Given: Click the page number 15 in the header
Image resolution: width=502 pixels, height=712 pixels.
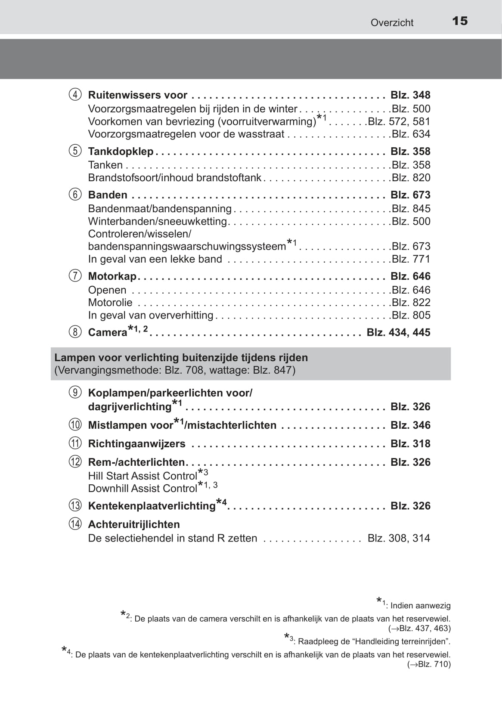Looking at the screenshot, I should coord(460,21).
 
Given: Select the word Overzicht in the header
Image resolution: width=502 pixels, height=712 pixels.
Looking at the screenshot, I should coord(392,23).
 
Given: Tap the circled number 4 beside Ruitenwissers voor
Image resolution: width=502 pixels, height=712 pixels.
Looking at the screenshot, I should coord(75,95).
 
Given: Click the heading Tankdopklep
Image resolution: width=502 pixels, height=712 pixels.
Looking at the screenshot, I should coord(121,152).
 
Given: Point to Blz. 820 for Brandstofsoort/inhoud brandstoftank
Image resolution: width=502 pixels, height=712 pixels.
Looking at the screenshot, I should coord(411,178).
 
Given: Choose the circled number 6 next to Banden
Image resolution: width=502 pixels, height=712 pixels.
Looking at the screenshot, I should coord(75,195).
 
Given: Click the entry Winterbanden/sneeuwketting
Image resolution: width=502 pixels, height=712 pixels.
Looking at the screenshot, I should coord(157,221).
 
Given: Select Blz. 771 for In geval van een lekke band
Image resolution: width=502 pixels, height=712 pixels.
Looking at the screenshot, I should coord(411,259).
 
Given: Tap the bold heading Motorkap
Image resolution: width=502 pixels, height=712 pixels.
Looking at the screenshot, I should coord(112,276).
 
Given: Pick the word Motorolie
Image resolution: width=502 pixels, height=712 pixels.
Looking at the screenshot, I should coord(110,303).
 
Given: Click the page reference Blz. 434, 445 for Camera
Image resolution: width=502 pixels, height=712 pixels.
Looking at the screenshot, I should coord(398,332).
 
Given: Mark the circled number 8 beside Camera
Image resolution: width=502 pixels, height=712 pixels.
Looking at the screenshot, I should coord(75,332).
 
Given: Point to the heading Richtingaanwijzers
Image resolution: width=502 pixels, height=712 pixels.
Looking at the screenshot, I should coord(136,444).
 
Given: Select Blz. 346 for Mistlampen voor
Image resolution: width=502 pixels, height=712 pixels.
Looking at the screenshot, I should coord(410,425).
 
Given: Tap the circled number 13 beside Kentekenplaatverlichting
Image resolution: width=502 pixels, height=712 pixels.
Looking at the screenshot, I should coord(75,505).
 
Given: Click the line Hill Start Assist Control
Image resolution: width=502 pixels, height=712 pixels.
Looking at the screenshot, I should coord(143,476).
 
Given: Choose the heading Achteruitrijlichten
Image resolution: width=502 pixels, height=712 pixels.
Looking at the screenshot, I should coord(134,524).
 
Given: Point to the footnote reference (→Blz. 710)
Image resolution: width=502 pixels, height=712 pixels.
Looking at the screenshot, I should coord(429,664).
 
